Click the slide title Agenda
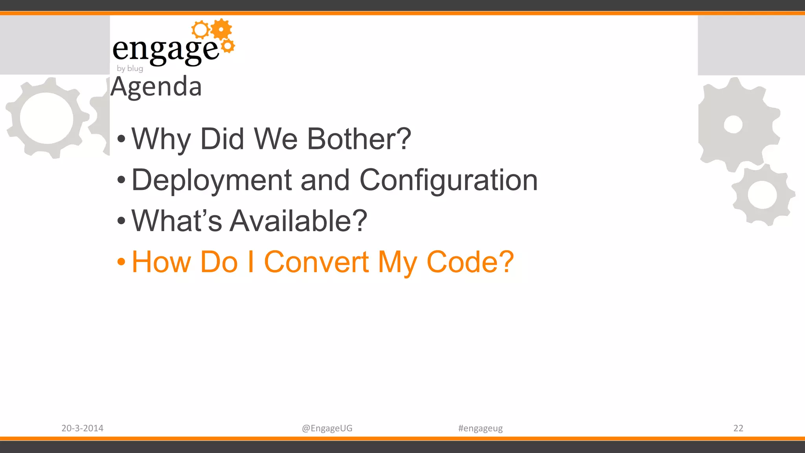156,87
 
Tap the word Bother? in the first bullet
359,139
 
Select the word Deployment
211,180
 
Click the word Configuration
448,180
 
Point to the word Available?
298,221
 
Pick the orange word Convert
316,262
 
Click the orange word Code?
470,262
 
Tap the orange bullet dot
121,261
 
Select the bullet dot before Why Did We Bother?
121,139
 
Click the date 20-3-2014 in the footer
82,428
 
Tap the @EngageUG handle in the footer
327,428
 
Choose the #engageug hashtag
480,428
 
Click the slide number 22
738,428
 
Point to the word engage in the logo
165,50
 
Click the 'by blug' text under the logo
130,68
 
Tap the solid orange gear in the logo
222,29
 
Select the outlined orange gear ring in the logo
200,30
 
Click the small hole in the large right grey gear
733,125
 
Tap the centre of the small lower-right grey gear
762,195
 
